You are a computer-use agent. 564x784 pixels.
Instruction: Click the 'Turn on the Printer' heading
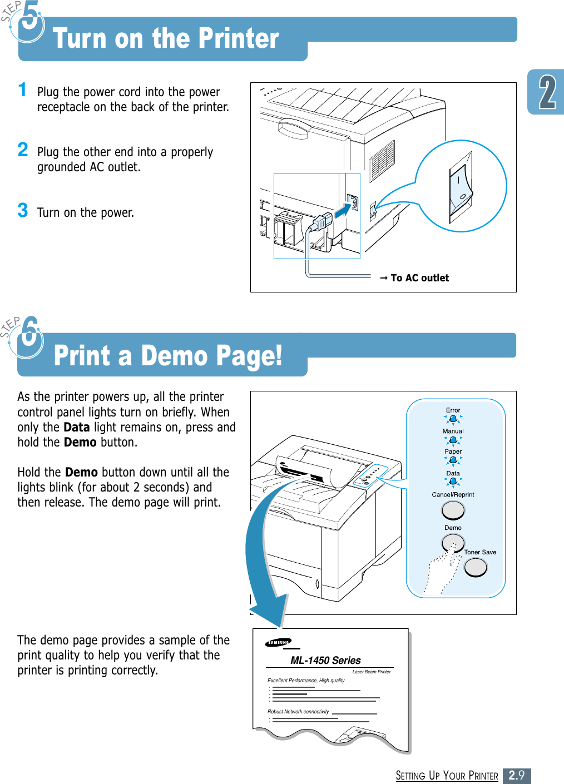point(166,39)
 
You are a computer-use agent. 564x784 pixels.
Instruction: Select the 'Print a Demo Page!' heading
point(168,356)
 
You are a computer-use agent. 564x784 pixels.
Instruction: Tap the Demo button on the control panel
point(453,542)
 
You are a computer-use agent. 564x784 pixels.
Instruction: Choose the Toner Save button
point(476,567)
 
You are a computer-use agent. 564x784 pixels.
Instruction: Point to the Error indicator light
point(453,419)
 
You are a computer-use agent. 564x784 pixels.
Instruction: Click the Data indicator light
point(453,482)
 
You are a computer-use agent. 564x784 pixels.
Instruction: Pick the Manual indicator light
point(453,440)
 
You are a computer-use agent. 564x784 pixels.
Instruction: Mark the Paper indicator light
point(453,460)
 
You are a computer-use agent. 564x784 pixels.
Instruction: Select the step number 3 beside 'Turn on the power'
point(23,211)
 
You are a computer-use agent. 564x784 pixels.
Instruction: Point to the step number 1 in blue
point(22,90)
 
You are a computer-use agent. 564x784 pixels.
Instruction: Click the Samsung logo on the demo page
point(278,643)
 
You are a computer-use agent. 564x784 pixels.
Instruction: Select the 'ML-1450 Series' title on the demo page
point(325,661)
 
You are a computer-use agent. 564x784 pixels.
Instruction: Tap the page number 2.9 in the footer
point(516,775)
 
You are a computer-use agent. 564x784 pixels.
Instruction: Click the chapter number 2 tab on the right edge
point(547,92)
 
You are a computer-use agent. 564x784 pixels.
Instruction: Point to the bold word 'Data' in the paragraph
point(76,427)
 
